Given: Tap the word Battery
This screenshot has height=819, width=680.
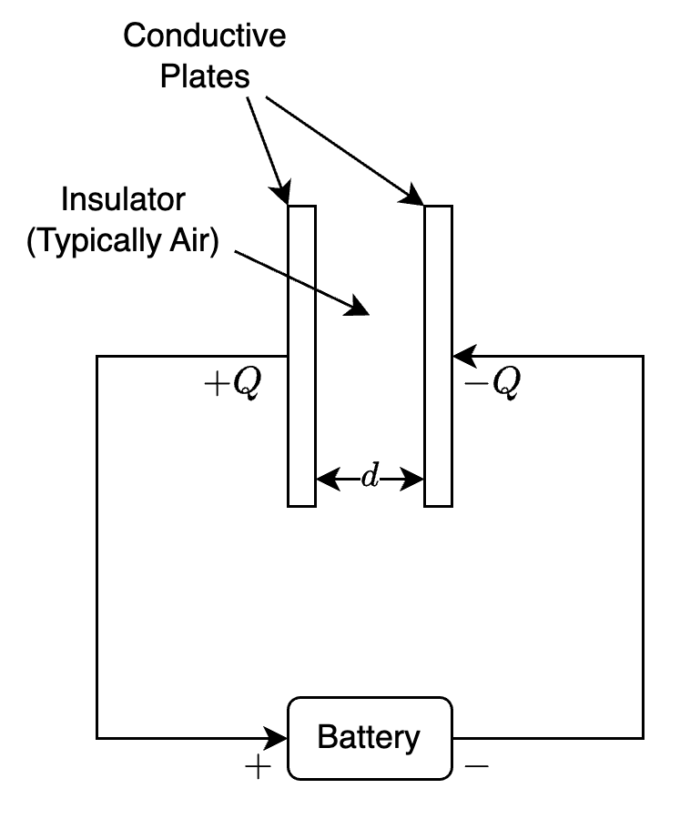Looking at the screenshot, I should click(x=369, y=738).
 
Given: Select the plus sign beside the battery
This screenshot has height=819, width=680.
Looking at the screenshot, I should click(x=259, y=768).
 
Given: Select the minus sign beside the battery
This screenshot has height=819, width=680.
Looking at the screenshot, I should click(x=476, y=767).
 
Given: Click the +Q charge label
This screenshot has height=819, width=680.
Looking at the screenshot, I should click(x=233, y=384).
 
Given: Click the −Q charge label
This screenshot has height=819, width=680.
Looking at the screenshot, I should click(x=492, y=384).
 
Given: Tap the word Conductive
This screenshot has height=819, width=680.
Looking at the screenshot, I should click(x=205, y=36).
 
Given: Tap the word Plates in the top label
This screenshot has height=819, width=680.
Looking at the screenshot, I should click(x=205, y=77).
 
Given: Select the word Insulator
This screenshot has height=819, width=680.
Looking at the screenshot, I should click(x=123, y=200).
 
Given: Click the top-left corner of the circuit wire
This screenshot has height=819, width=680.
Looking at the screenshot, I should click(x=97, y=356).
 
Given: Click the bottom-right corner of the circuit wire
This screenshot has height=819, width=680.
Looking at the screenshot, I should click(x=644, y=737).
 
